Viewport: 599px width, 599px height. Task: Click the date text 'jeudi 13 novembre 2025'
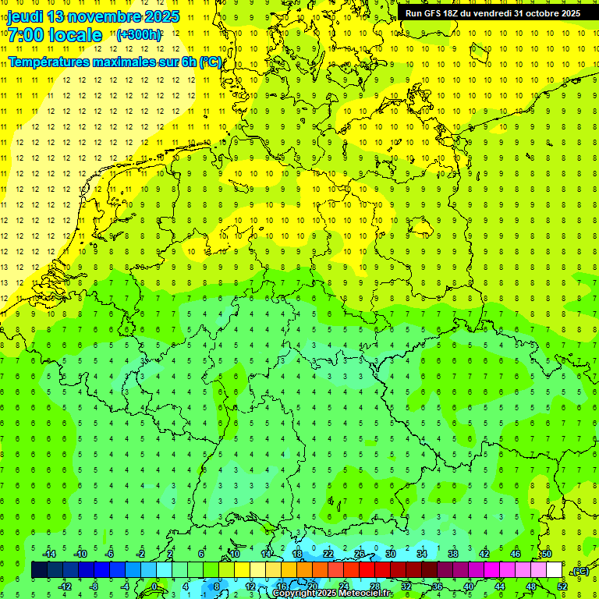point(94,16)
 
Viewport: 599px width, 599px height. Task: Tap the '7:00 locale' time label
point(55,35)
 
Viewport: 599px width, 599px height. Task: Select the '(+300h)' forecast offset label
point(139,35)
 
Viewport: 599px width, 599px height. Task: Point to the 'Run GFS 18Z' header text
point(435,13)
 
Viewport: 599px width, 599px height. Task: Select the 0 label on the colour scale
point(154,587)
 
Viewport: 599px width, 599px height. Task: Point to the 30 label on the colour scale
point(391,554)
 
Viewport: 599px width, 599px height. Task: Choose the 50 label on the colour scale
point(547,554)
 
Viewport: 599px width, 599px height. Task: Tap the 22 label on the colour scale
point(328,554)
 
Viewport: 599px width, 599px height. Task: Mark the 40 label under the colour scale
point(469,587)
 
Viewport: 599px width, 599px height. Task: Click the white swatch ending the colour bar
point(555,570)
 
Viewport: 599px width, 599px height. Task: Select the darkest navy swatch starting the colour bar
point(39,570)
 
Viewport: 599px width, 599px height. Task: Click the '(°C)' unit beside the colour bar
point(580,571)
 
